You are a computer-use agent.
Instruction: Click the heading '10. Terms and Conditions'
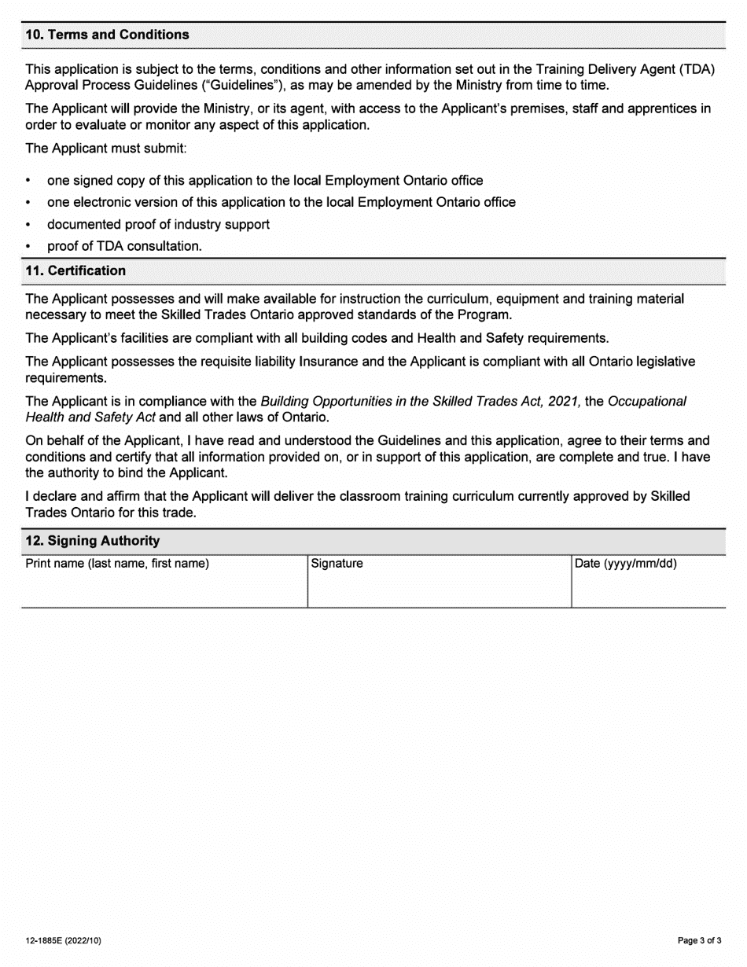108,35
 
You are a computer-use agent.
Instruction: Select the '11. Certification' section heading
75,270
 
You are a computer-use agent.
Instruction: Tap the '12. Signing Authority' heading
93,541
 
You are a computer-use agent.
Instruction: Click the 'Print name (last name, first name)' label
118,564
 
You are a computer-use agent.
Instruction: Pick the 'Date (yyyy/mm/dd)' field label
626,564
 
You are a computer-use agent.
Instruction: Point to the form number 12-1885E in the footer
63,940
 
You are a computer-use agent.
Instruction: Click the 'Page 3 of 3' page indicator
700,940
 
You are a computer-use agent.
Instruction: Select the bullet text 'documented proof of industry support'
158,225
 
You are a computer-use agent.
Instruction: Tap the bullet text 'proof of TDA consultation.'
124,246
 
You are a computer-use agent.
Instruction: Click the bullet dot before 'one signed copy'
29,181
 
